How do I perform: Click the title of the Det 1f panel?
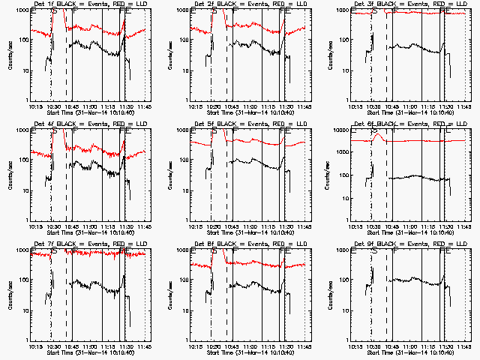pyautogui.click(x=90, y=4)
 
